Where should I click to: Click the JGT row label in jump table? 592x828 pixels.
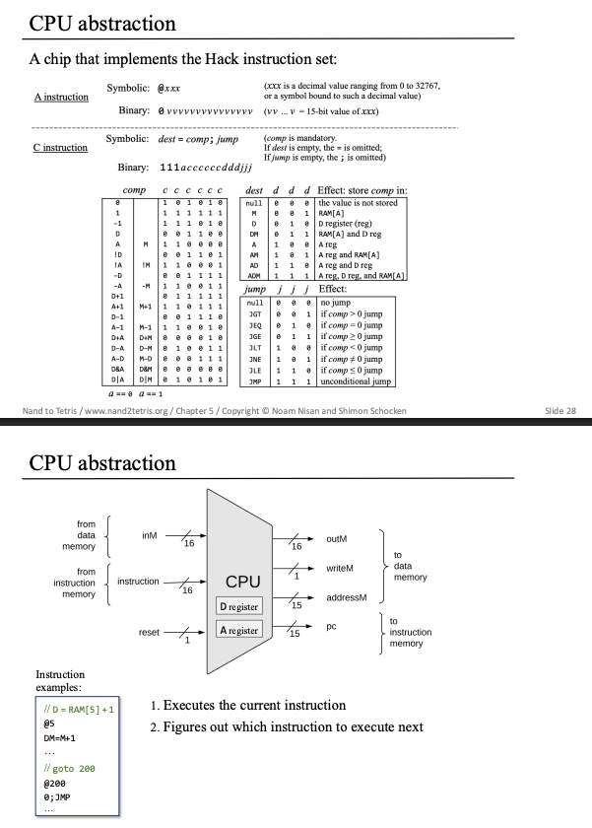click(255, 314)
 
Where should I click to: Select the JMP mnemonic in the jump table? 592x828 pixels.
click(255, 381)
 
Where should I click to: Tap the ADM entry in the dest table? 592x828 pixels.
click(254, 276)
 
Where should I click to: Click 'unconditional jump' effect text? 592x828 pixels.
click(356, 381)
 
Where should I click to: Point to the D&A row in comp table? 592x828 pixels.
click(117, 369)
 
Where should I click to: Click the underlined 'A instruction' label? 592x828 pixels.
click(61, 97)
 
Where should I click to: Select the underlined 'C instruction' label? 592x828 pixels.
click(60, 147)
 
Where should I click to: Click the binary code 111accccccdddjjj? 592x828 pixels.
click(206, 168)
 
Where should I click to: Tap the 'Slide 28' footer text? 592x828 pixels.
click(560, 411)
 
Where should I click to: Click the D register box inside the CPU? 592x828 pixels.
click(239, 607)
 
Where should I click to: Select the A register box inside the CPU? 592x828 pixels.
click(239, 630)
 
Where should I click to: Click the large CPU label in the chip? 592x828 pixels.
click(242, 582)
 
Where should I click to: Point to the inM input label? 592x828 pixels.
click(150, 535)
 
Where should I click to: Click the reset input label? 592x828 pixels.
click(149, 632)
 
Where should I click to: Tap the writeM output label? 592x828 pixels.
click(340, 568)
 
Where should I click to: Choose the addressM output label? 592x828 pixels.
click(346, 597)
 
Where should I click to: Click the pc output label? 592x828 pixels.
click(331, 627)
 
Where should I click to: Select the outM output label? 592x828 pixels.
click(337, 538)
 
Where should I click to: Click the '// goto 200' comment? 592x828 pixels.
click(69, 769)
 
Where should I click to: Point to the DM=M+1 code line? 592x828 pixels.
click(60, 738)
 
